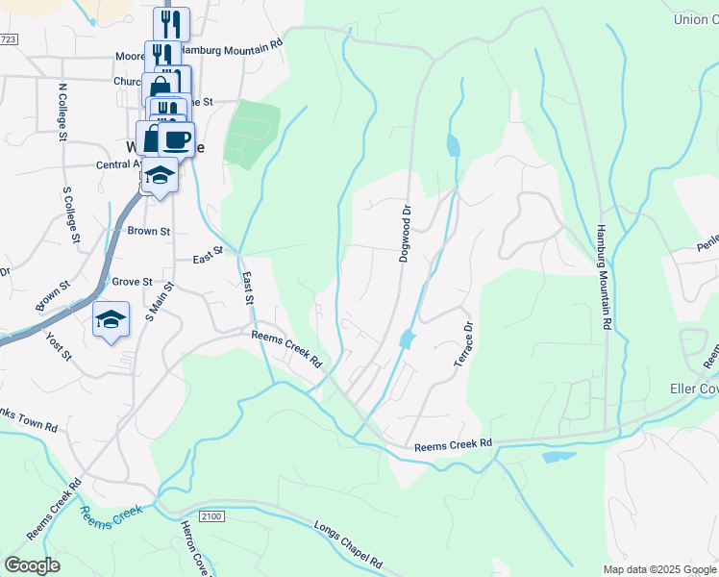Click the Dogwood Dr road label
(x=406, y=232)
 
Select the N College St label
(x=63, y=111)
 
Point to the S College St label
(x=70, y=213)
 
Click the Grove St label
(x=133, y=282)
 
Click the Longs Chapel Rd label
(x=348, y=544)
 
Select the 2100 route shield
(x=212, y=517)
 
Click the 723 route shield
(x=9, y=39)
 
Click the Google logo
(x=32, y=564)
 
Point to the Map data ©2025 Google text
(x=658, y=569)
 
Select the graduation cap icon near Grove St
(x=111, y=318)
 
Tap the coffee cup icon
(x=177, y=139)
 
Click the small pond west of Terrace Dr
(x=407, y=339)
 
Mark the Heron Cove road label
(x=196, y=548)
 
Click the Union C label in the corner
(x=695, y=19)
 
